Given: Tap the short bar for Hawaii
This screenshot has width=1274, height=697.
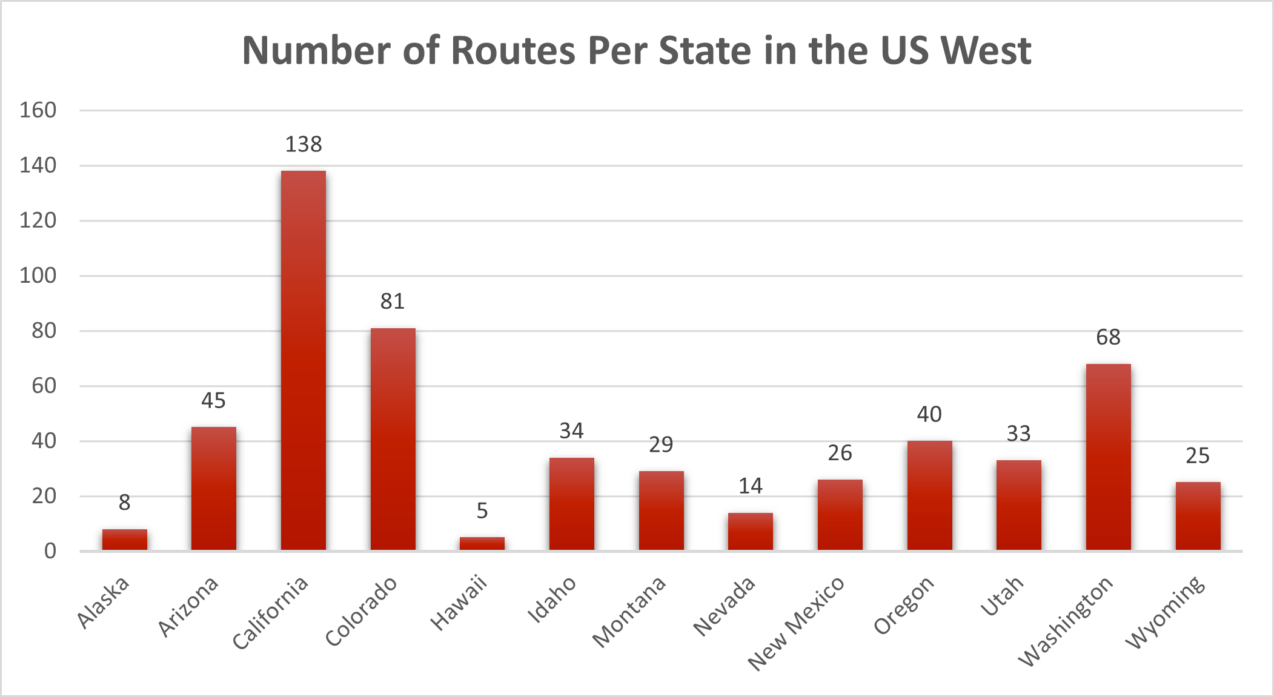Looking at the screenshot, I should click(x=482, y=543).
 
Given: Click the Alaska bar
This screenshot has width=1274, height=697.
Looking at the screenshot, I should click(x=124, y=540).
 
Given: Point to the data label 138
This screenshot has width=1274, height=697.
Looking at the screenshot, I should click(x=304, y=145).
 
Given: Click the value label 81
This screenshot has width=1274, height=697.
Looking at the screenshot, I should click(x=393, y=302).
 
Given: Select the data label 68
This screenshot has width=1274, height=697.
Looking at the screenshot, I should click(x=1108, y=337).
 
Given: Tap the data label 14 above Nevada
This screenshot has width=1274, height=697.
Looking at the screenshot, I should click(x=750, y=486).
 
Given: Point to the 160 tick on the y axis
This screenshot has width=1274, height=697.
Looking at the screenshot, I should click(x=38, y=110).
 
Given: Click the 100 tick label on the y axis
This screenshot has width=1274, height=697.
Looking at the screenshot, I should click(x=38, y=276).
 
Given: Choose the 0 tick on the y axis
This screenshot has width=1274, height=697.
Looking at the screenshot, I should click(x=50, y=551).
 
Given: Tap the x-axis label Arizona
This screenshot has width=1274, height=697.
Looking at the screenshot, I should click(x=188, y=606).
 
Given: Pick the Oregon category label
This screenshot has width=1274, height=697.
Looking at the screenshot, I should click(x=903, y=605).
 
